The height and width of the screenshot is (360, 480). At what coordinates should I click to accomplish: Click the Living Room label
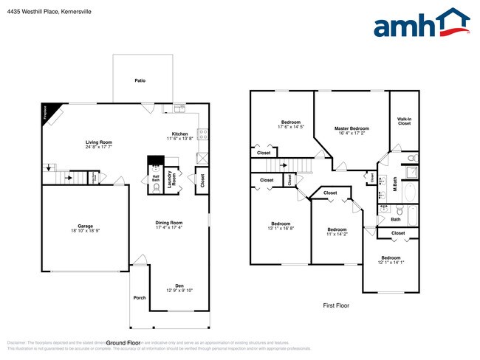coord(98,142)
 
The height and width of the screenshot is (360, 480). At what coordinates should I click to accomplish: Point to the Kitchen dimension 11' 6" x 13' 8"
coord(179,139)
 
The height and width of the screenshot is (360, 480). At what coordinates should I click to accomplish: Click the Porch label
coord(140,297)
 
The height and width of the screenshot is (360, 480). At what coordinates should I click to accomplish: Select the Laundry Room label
coord(171,180)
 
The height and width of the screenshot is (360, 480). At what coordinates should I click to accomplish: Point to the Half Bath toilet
coord(156,187)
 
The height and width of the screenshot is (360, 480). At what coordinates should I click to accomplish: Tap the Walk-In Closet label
coord(404,121)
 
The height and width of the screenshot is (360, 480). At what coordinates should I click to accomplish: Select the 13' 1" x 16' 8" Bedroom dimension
coord(281,229)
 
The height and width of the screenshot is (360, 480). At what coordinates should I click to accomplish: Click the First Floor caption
coord(336,305)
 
